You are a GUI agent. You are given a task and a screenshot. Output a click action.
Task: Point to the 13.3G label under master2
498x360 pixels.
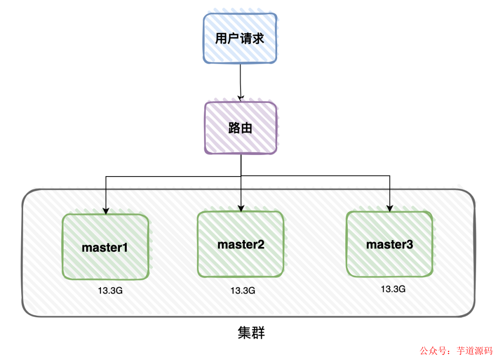243,291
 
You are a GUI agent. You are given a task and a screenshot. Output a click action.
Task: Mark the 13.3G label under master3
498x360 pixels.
393,289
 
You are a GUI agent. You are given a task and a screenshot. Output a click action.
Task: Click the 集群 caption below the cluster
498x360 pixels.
251,333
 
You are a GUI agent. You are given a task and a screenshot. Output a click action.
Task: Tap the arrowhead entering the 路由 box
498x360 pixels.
240,98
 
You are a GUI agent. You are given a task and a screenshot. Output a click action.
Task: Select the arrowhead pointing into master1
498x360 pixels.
106,212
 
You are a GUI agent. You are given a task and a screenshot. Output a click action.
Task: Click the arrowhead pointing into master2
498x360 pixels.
241,209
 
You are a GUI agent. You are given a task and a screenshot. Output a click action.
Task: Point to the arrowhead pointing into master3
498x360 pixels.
390,208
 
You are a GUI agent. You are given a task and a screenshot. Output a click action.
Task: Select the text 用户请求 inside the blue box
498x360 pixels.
240,39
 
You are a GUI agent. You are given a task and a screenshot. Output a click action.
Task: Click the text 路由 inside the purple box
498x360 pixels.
240,128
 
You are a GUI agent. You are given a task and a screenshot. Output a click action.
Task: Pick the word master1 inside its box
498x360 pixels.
105,248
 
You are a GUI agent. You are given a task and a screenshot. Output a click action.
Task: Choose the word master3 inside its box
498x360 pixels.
390,245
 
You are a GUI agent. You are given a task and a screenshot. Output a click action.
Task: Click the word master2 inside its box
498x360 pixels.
241,244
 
